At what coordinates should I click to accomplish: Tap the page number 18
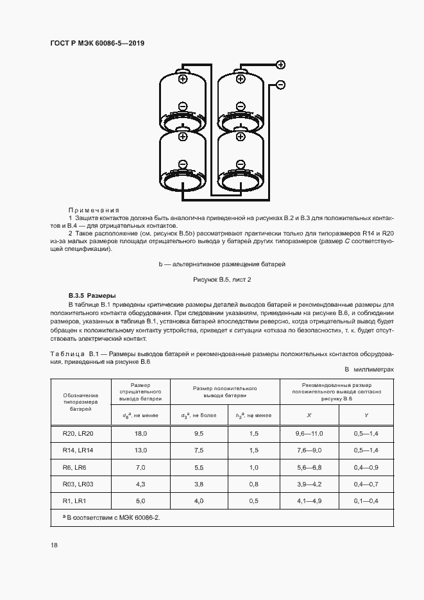tap(53, 545)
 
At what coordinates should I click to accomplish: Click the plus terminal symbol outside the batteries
tap(280, 64)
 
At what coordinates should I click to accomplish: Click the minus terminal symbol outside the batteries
tap(280, 85)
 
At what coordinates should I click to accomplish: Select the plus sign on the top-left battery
tap(183, 80)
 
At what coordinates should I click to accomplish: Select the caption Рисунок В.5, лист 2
tap(222, 280)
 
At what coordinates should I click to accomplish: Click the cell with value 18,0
tap(140, 434)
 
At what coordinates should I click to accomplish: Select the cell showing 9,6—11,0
tap(309, 434)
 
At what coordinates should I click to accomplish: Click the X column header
tap(309, 415)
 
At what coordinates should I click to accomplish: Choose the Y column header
tap(366, 415)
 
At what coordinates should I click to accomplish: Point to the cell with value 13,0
tap(140, 450)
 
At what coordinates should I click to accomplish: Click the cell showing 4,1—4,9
tap(309, 501)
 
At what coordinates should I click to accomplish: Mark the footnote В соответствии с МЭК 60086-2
tap(109, 516)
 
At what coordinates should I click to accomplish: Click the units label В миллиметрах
tap(369, 370)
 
